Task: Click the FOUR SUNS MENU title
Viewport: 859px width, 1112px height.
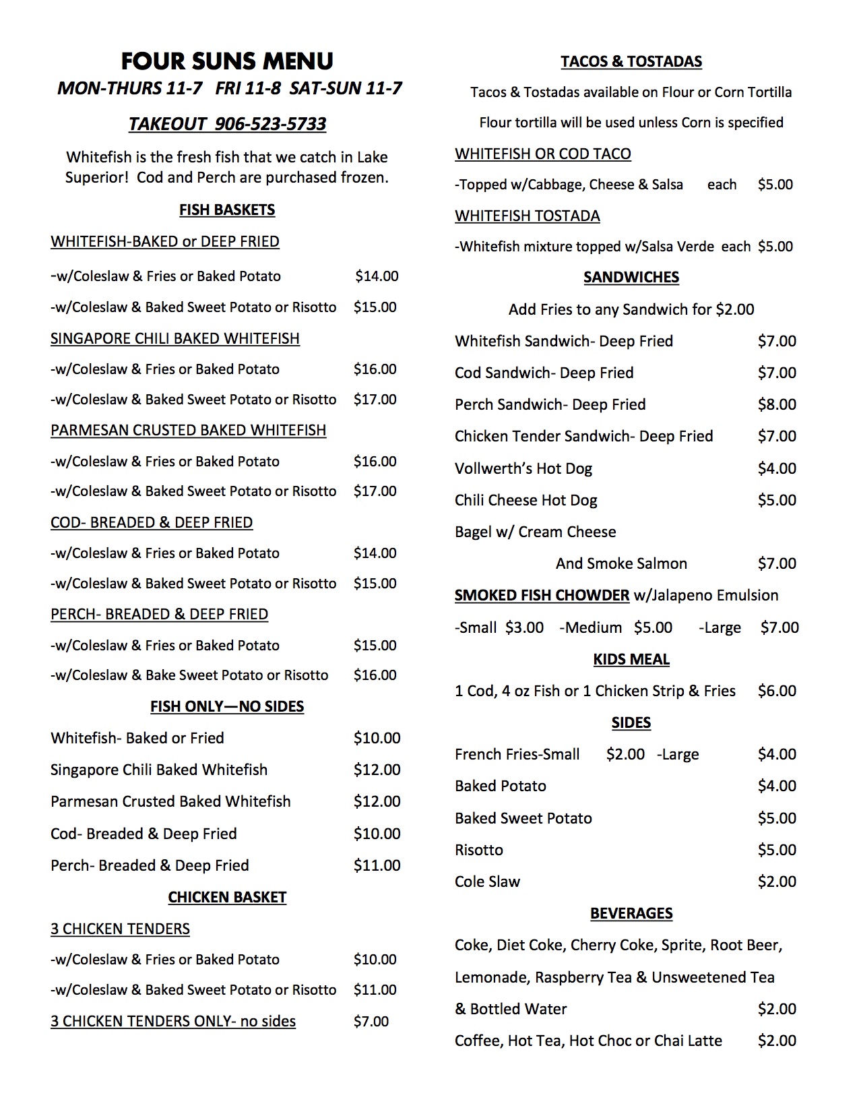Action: [x=227, y=61]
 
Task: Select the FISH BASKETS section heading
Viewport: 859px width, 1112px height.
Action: [x=227, y=210]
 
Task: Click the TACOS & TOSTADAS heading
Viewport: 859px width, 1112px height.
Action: [x=631, y=62]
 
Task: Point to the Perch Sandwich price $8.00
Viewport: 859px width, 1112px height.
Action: [x=777, y=404]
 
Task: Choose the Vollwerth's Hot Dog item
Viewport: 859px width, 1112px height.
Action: [x=523, y=468]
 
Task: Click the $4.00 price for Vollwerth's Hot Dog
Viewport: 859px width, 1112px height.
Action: [x=777, y=468]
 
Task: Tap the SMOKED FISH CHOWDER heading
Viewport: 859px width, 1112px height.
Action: [x=542, y=596]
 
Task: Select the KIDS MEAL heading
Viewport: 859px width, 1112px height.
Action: [x=631, y=659]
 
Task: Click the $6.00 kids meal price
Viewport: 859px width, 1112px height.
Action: [x=777, y=691]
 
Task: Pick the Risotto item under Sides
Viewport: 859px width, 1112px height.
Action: [x=479, y=850]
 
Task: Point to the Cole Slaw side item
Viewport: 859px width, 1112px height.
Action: [x=487, y=882]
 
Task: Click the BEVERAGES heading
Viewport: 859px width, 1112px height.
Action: [x=631, y=913]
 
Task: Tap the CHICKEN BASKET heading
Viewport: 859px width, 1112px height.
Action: [x=227, y=898]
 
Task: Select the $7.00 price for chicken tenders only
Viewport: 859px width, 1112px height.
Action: [x=371, y=1022]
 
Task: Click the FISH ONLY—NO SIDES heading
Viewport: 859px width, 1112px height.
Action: [x=227, y=707]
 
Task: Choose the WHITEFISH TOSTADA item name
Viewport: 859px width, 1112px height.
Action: [x=528, y=216]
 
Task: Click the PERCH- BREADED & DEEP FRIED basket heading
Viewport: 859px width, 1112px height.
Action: [x=159, y=615]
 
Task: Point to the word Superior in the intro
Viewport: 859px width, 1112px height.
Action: [x=94, y=178]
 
